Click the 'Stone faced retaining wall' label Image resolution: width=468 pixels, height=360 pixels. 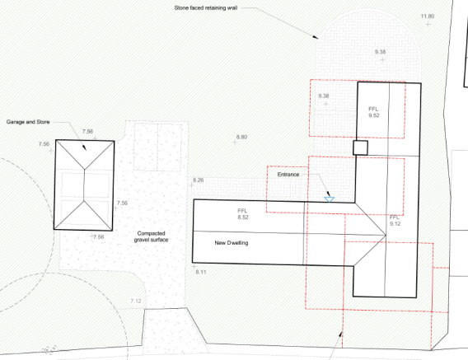206,8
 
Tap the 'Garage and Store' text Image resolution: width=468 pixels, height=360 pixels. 28,122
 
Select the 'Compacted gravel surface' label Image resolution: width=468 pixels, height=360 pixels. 151,236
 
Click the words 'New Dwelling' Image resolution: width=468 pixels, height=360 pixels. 232,243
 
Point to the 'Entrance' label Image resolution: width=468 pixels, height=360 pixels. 288,175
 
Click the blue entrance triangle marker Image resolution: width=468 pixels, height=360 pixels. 330,199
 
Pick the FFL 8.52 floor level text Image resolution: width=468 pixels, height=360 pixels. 243,214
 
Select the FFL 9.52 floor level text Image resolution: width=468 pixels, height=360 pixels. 374,112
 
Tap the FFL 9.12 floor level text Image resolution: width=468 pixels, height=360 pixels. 395,221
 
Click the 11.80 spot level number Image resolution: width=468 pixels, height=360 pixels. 428,16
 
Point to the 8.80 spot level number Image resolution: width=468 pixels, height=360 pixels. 241,137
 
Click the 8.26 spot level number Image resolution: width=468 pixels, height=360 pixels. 199,180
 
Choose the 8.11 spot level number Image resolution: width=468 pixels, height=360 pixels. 201,272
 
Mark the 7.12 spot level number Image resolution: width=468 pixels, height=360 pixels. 136,301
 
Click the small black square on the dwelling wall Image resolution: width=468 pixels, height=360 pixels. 360,147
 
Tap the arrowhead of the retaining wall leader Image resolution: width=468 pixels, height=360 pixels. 316,37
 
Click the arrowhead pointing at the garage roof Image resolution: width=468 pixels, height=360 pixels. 84,147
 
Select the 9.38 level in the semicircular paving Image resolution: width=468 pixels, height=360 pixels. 381,52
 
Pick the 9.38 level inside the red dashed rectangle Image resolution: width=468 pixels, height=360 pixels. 324,96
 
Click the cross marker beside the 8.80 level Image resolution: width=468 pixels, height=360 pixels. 235,143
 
